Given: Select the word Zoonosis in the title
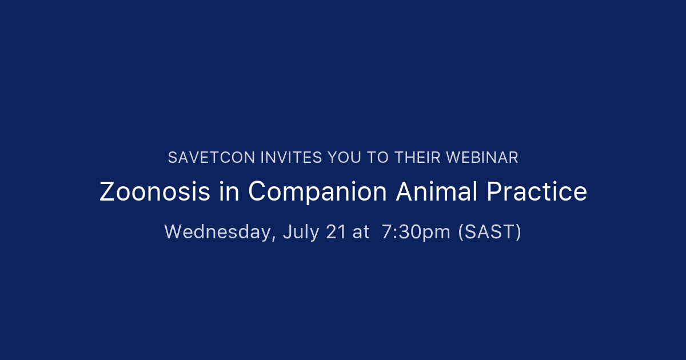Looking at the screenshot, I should tap(155, 192).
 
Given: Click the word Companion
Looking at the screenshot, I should tap(317, 193).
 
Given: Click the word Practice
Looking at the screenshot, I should tap(537, 192).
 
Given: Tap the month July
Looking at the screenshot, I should tap(298, 232).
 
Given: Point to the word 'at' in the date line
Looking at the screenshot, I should tap(361, 232).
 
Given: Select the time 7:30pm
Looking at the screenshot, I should tap(416, 232).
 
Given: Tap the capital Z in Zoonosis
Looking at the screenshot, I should tap(106, 192).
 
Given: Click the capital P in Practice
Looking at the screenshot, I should tap(493, 192).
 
